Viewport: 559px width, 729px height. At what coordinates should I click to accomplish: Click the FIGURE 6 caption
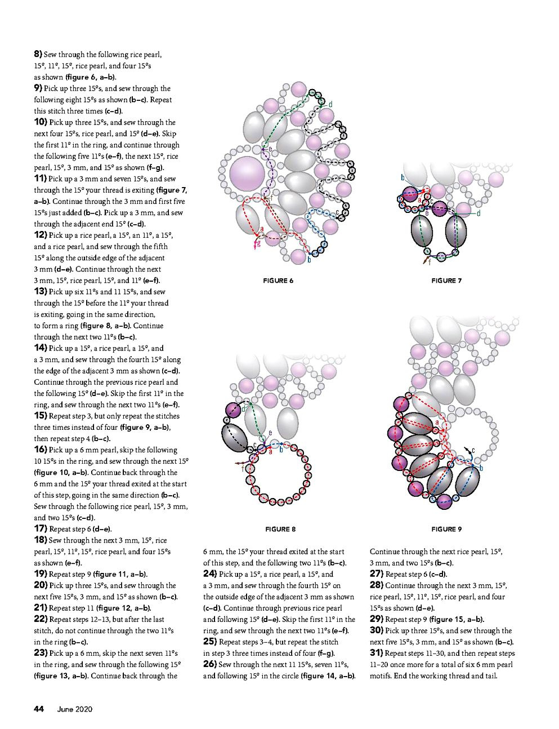[278, 281]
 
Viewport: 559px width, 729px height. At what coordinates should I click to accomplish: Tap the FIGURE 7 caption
[446, 281]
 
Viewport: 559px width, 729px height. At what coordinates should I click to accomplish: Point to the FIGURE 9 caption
[446, 529]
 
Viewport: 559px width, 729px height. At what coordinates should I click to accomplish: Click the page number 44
[39, 709]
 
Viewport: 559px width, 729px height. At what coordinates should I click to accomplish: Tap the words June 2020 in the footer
[74, 709]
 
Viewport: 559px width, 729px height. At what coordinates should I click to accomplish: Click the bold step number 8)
[38, 54]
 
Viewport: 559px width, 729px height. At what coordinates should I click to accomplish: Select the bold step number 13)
[40, 291]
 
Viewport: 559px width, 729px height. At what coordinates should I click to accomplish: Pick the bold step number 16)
[40, 450]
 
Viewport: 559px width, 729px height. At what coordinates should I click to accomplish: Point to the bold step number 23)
[40, 653]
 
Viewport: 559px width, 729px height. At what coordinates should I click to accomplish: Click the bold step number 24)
[209, 574]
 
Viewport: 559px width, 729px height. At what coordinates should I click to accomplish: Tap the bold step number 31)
[376, 653]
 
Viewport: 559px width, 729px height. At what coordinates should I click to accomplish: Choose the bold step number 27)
[376, 574]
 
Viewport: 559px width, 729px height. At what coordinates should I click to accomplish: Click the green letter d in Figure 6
[330, 104]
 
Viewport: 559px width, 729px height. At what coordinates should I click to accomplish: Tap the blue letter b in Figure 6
[309, 260]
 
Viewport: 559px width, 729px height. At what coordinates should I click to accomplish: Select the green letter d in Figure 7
[478, 214]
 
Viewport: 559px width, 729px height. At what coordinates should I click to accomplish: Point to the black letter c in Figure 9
[473, 451]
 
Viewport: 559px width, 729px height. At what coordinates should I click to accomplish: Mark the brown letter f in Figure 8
[243, 468]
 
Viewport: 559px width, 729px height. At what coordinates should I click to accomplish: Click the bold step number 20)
[40, 585]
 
